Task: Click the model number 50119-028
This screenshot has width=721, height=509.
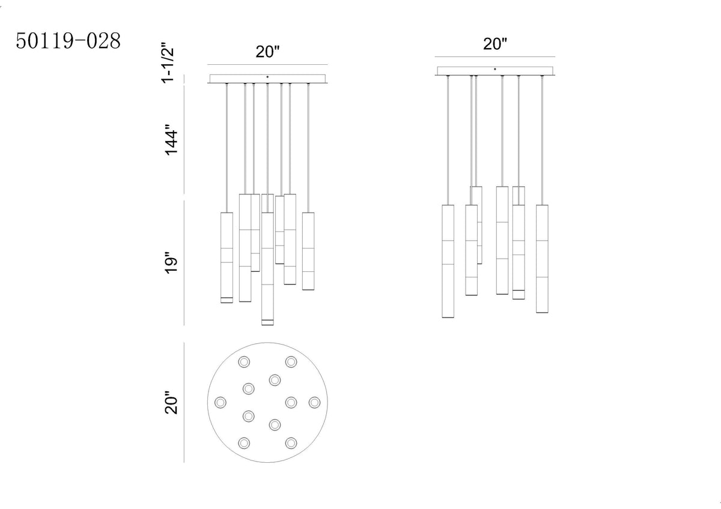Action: (68, 41)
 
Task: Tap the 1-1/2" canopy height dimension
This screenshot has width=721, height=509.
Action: (168, 62)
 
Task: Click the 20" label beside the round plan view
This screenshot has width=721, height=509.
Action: (171, 403)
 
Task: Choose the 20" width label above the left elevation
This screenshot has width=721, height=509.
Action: (267, 52)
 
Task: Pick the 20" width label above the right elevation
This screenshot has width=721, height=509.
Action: (495, 44)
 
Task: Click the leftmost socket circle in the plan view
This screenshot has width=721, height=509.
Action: (221, 402)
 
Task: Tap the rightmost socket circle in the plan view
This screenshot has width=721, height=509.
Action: (314, 402)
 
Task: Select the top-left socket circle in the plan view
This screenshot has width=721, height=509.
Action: (244, 362)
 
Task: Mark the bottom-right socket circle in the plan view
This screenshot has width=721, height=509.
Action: (291, 443)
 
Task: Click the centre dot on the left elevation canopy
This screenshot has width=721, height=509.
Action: (267, 77)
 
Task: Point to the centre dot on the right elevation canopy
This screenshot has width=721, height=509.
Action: (495, 69)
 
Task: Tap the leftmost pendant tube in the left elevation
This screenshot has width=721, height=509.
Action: (227, 258)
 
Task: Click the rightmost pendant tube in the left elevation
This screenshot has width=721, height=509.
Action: (308, 251)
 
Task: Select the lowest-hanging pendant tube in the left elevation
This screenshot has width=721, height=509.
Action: (267, 269)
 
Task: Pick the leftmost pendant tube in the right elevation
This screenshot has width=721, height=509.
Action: (448, 262)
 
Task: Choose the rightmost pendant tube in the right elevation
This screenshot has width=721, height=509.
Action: (543, 259)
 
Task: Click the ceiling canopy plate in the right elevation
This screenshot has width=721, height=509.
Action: (495, 71)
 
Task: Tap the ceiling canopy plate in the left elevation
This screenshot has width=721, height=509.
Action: (267, 79)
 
